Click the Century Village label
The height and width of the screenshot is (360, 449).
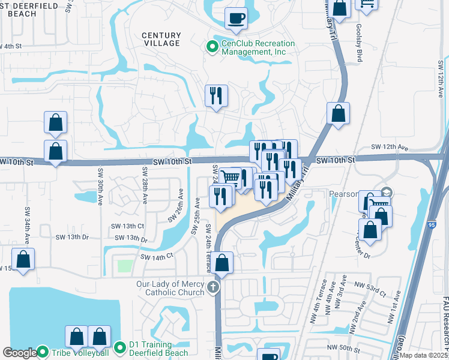161,39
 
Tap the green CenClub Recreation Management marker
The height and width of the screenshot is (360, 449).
212,47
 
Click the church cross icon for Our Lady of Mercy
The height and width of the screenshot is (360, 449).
212,289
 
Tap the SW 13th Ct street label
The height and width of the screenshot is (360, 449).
127,226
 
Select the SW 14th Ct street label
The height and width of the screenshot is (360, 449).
157,256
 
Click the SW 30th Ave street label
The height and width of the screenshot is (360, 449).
100,186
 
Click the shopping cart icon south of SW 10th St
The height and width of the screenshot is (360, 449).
230,177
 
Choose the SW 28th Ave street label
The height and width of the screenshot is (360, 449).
145,186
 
